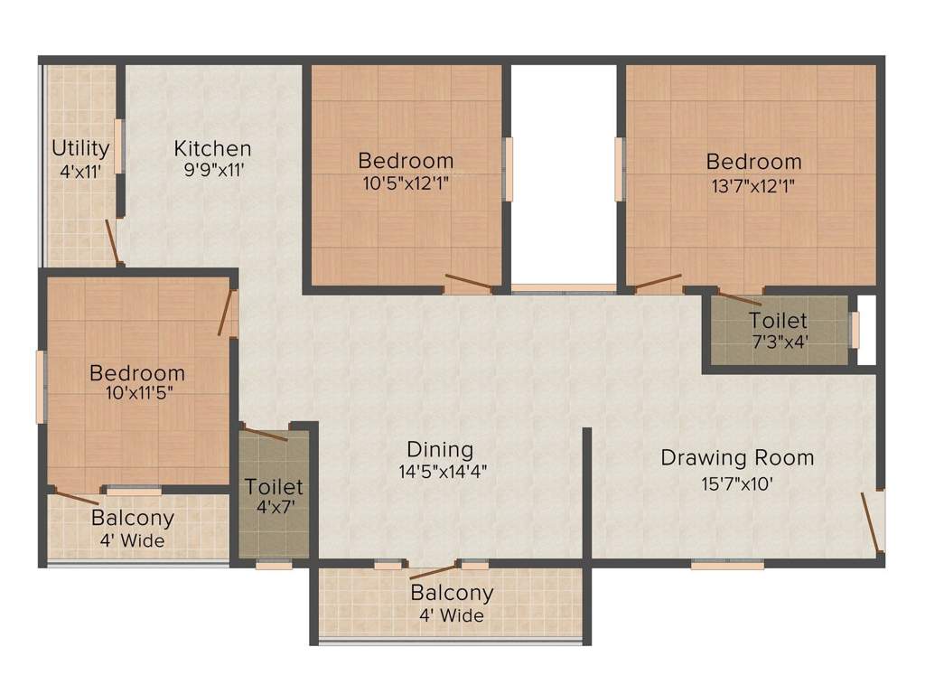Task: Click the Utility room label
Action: tap(80, 147)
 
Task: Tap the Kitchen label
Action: tap(212, 148)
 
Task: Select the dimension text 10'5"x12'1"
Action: tap(406, 182)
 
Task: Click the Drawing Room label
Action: tap(737, 457)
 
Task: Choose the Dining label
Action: tap(440, 449)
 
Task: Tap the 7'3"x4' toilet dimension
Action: tap(778, 342)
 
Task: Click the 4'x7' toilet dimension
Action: tap(274, 507)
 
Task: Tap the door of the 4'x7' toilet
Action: tap(266, 434)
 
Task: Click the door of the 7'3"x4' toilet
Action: tap(736, 297)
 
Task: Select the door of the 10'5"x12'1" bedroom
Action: tap(469, 284)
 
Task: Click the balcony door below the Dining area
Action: tap(434, 571)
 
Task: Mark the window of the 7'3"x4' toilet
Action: tap(855, 330)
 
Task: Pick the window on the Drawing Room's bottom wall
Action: tap(727, 565)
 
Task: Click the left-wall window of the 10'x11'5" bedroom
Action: tap(40, 388)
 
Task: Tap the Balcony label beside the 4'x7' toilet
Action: tap(133, 519)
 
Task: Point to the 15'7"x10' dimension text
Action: tap(737, 483)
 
